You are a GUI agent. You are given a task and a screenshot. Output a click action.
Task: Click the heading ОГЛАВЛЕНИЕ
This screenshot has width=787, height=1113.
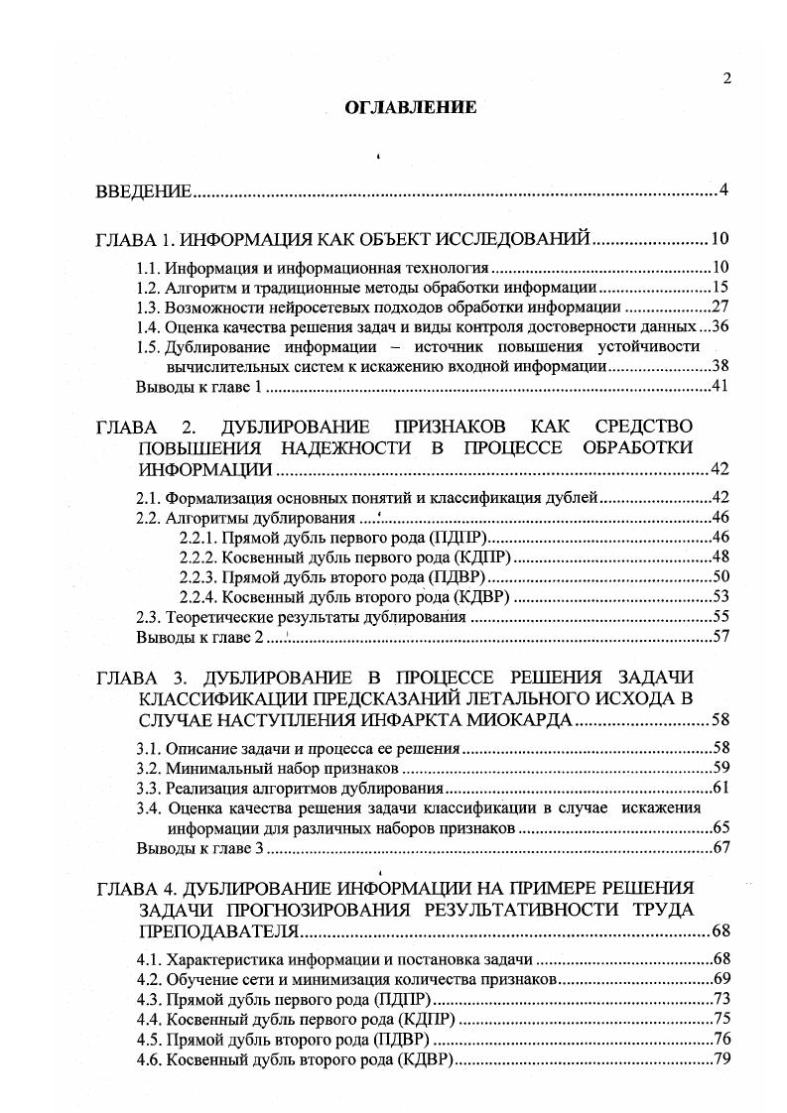(x=410, y=108)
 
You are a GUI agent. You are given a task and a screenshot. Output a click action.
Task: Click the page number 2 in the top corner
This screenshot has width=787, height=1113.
(x=726, y=80)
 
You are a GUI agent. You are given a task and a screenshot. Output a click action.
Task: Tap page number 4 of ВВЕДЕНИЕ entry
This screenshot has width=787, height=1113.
(x=725, y=190)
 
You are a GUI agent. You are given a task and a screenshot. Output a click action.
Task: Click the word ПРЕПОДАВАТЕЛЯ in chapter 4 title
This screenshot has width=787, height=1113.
(x=217, y=931)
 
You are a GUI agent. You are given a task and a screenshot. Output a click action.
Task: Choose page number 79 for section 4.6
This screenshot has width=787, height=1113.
(x=721, y=1061)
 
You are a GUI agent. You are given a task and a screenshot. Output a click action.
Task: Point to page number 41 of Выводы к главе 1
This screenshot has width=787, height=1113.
(x=721, y=386)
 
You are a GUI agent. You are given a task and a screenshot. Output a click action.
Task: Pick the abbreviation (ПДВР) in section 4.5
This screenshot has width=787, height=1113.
(x=401, y=1040)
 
